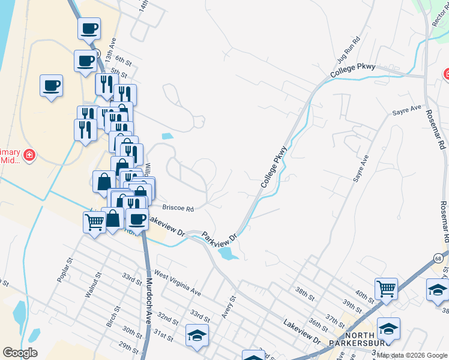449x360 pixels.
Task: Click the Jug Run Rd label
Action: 348,50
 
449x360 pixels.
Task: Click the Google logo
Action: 20,353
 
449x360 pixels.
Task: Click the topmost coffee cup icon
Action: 89,28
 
